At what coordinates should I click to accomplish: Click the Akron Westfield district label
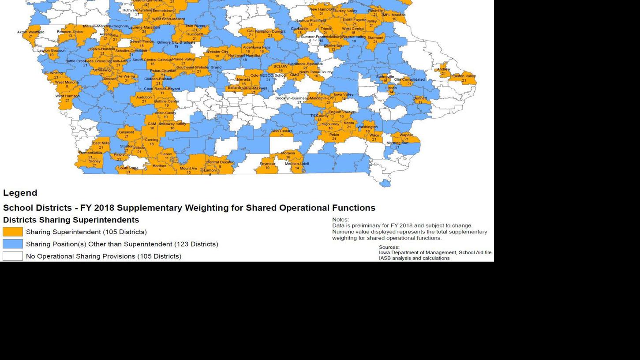click(30, 32)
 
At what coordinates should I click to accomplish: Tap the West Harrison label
click(67, 96)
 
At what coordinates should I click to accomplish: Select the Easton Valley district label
click(464, 76)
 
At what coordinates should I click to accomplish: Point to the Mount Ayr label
click(189, 169)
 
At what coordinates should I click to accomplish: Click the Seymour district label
click(267, 164)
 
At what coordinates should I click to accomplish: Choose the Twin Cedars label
click(281, 131)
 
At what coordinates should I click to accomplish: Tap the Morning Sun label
click(397, 143)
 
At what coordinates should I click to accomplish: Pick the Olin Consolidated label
click(409, 80)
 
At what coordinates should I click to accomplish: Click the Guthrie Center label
click(167, 101)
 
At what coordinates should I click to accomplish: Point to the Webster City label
click(217, 52)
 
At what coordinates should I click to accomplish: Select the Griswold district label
click(126, 132)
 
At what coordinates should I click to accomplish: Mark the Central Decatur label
click(220, 162)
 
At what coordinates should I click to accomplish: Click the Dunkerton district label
click(333, 45)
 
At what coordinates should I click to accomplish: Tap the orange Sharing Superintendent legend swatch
click(13, 232)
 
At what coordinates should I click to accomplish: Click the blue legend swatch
click(13, 244)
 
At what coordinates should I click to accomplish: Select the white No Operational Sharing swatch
click(13, 256)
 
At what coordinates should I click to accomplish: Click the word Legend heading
click(20, 193)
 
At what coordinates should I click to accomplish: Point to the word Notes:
click(340, 219)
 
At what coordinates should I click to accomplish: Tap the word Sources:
click(389, 247)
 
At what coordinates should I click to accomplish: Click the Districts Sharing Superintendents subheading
click(71, 220)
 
